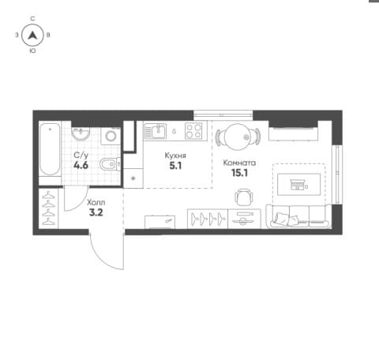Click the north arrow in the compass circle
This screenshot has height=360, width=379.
(x=32, y=36)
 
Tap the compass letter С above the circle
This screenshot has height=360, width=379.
(x=32, y=18)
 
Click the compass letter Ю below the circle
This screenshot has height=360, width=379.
(x=32, y=51)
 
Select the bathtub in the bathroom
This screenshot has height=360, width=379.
(x=50, y=149)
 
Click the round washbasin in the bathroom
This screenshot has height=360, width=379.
(x=81, y=133)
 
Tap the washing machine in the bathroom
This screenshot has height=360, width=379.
(x=111, y=136)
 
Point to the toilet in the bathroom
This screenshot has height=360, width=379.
(x=110, y=164)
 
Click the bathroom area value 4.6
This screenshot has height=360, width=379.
(x=81, y=166)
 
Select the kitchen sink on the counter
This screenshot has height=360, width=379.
(x=155, y=131)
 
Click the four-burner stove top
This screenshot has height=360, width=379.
(x=193, y=130)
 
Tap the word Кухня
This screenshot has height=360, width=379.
(x=175, y=156)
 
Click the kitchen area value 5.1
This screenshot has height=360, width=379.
(x=175, y=166)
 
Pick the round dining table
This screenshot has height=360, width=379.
(x=237, y=137)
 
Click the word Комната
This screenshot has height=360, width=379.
(x=239, y=163)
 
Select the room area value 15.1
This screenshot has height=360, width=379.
(x=239, y=173)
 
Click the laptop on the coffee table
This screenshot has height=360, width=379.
(x=298, y=185)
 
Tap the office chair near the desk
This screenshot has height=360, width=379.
(x=244, y=197)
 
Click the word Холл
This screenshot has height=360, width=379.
(x=96, y=202)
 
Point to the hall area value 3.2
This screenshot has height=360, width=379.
(x=96, y=212)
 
